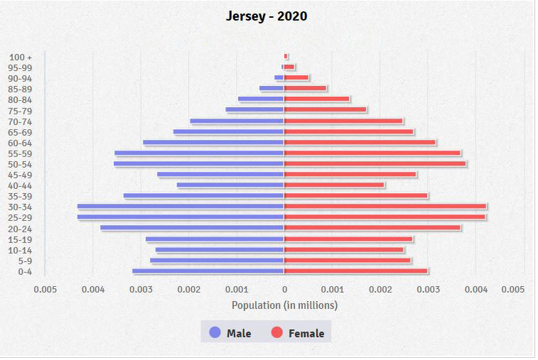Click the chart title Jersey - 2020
(x=267, y=16)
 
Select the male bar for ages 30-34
(x=181, y=207)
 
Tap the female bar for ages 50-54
(x=375, y=163)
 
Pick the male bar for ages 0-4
(x=208, y=271)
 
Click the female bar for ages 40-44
(x=334, y=185)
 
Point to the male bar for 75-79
(x=254, y=110)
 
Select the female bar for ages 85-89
(x=305, y=89)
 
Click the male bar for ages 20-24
(x=192, y=228)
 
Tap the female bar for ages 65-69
(x=348, y=131)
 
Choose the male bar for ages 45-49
(x=220, y=175)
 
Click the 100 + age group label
(x=21, y=57)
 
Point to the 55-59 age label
(x=21, y=153)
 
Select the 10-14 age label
(x=21, y=250)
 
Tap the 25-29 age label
(x=21, y=217)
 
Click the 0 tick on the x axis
(x=284, y=290)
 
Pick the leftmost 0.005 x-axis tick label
(x=45, y=290)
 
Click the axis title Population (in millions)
(x=284, y=305)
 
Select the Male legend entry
(x=230, y=333)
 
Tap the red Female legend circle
(x=277, y=332)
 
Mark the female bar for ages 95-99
(x=289, y=67)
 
